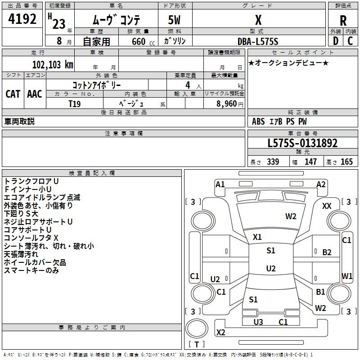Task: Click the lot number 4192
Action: pos(22,19)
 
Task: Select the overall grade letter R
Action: pos(343,21)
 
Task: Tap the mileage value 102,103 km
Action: pos(53,65)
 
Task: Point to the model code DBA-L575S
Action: pos(258,41)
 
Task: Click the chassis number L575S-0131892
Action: pos(302,143)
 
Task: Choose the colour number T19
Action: pos(75,104)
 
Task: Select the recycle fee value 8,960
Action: pos(227,104)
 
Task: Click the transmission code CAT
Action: pos(13,94)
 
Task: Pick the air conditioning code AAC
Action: pos(35,94)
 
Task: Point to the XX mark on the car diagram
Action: pos(327,206)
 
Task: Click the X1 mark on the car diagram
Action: pos(257,237)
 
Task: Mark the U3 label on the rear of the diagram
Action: pos(258,322)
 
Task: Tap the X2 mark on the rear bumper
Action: pos(221,332)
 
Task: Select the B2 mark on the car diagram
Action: pos(327,252)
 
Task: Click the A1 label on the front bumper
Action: pos(220,184)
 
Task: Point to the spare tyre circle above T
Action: pos(197,328)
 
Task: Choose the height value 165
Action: pos(346,162)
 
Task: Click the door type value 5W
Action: pos(174,20)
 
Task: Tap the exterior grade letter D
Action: pos(336,41)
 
